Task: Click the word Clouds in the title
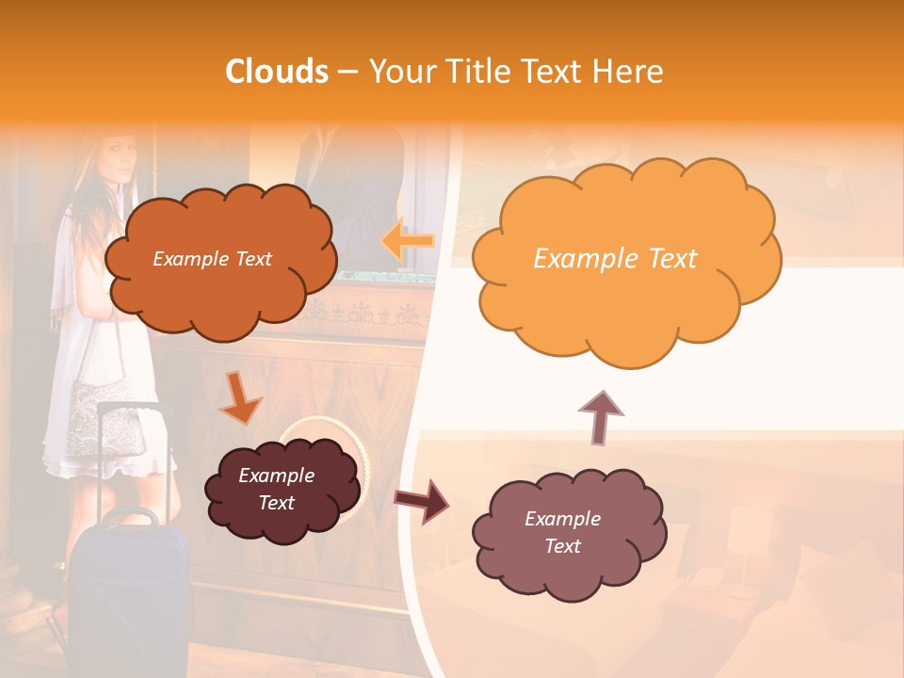277,72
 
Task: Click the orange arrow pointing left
407,240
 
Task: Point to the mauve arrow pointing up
601,417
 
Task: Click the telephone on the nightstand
702,581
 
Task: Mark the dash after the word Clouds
347,72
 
